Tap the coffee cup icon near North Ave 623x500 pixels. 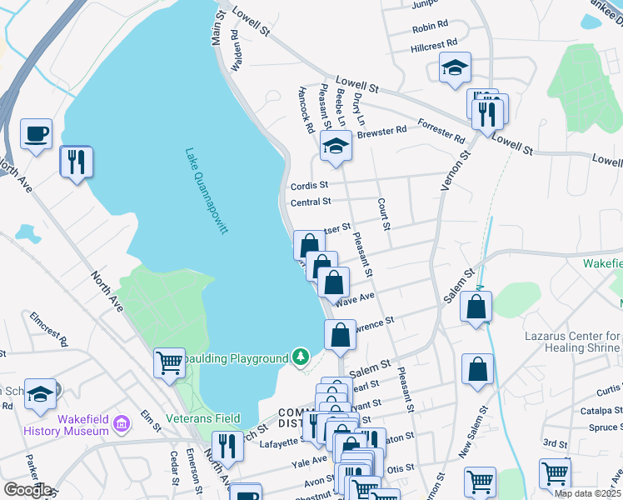click(x=37, y=134)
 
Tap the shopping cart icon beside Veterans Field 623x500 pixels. click(x=169, y=362)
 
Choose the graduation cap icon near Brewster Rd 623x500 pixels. click(x=336, y=147)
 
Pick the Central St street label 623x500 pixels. click(x=311, y=202)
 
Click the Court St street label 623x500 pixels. click(x=383, y=215)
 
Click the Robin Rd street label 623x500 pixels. click(x=430, y=27)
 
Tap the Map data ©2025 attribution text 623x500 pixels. click(x=587, y=493)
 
